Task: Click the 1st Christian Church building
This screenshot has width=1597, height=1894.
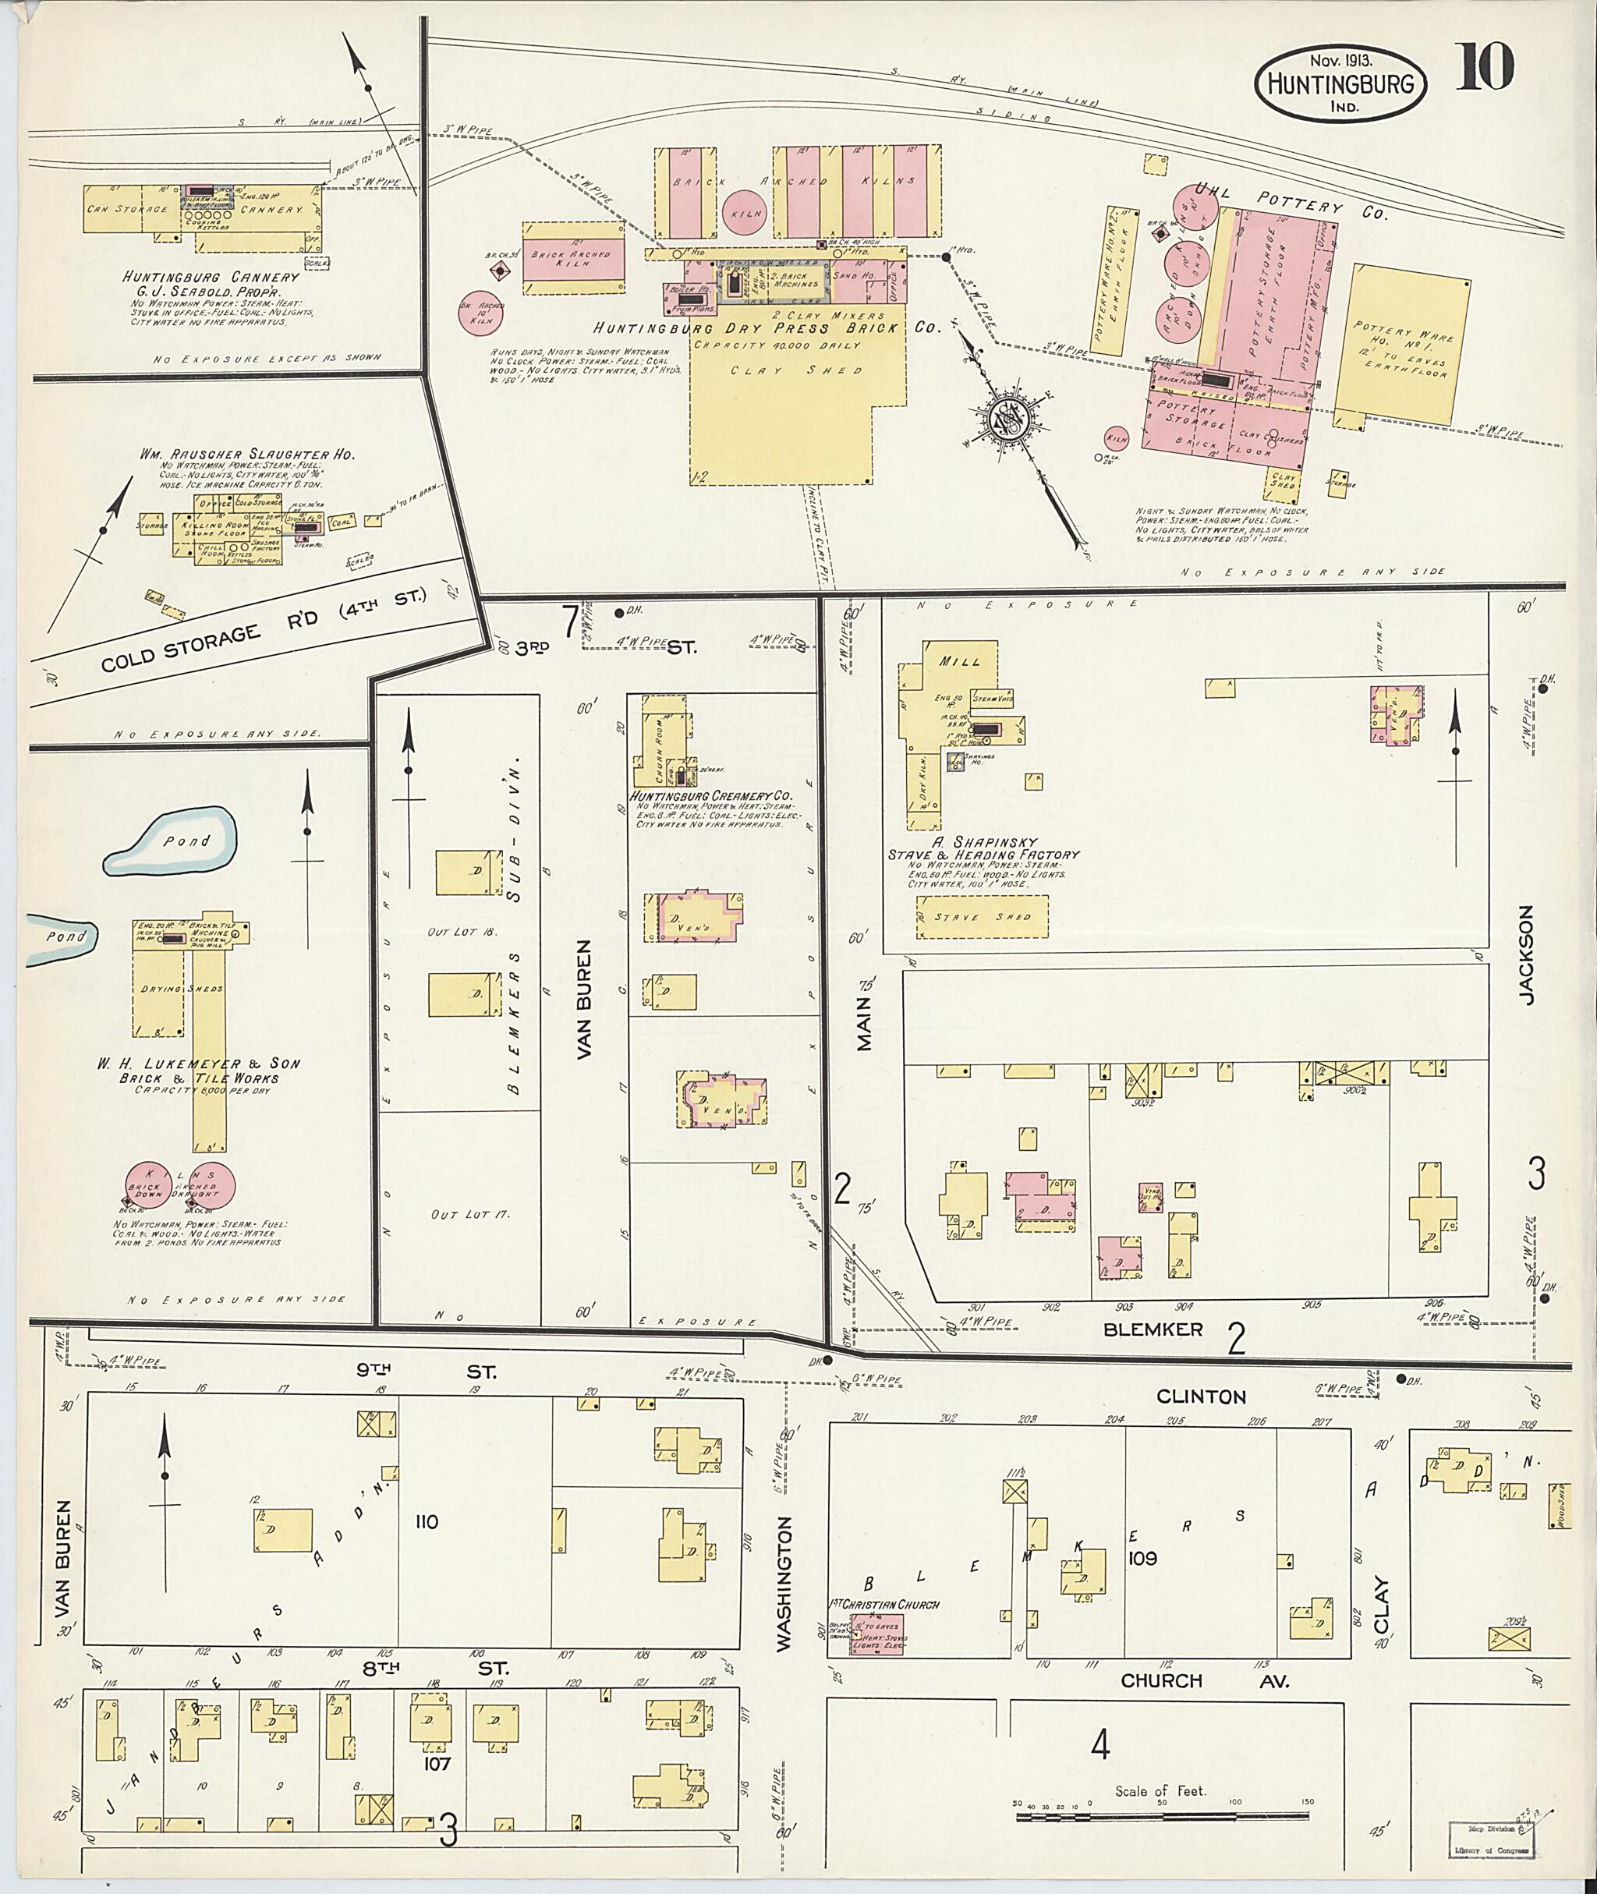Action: (x=876, y=1634)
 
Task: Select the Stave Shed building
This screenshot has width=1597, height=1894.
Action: (x=983, y=917)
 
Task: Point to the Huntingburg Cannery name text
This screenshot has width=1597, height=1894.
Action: (x=211, y=276)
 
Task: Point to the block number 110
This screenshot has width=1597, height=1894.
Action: (x=427, y=1521)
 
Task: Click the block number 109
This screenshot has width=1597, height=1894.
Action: (x=1142, y=1558)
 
